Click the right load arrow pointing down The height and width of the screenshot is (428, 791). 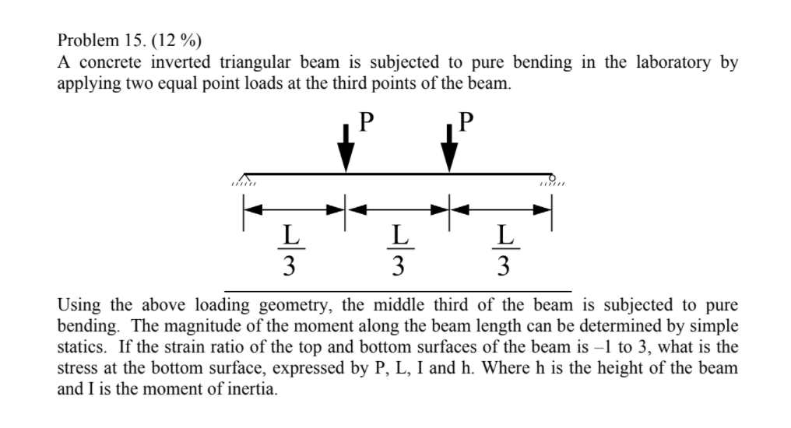point(448,153)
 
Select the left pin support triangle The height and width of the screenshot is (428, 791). point(247,178)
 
